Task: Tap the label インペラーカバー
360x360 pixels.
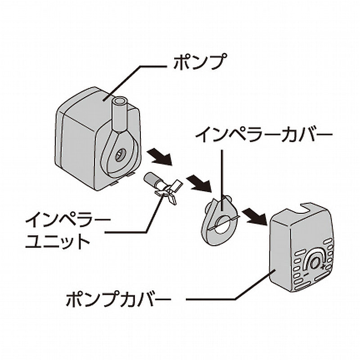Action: point(265,135)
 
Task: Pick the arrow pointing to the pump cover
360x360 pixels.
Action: point(254,215)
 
